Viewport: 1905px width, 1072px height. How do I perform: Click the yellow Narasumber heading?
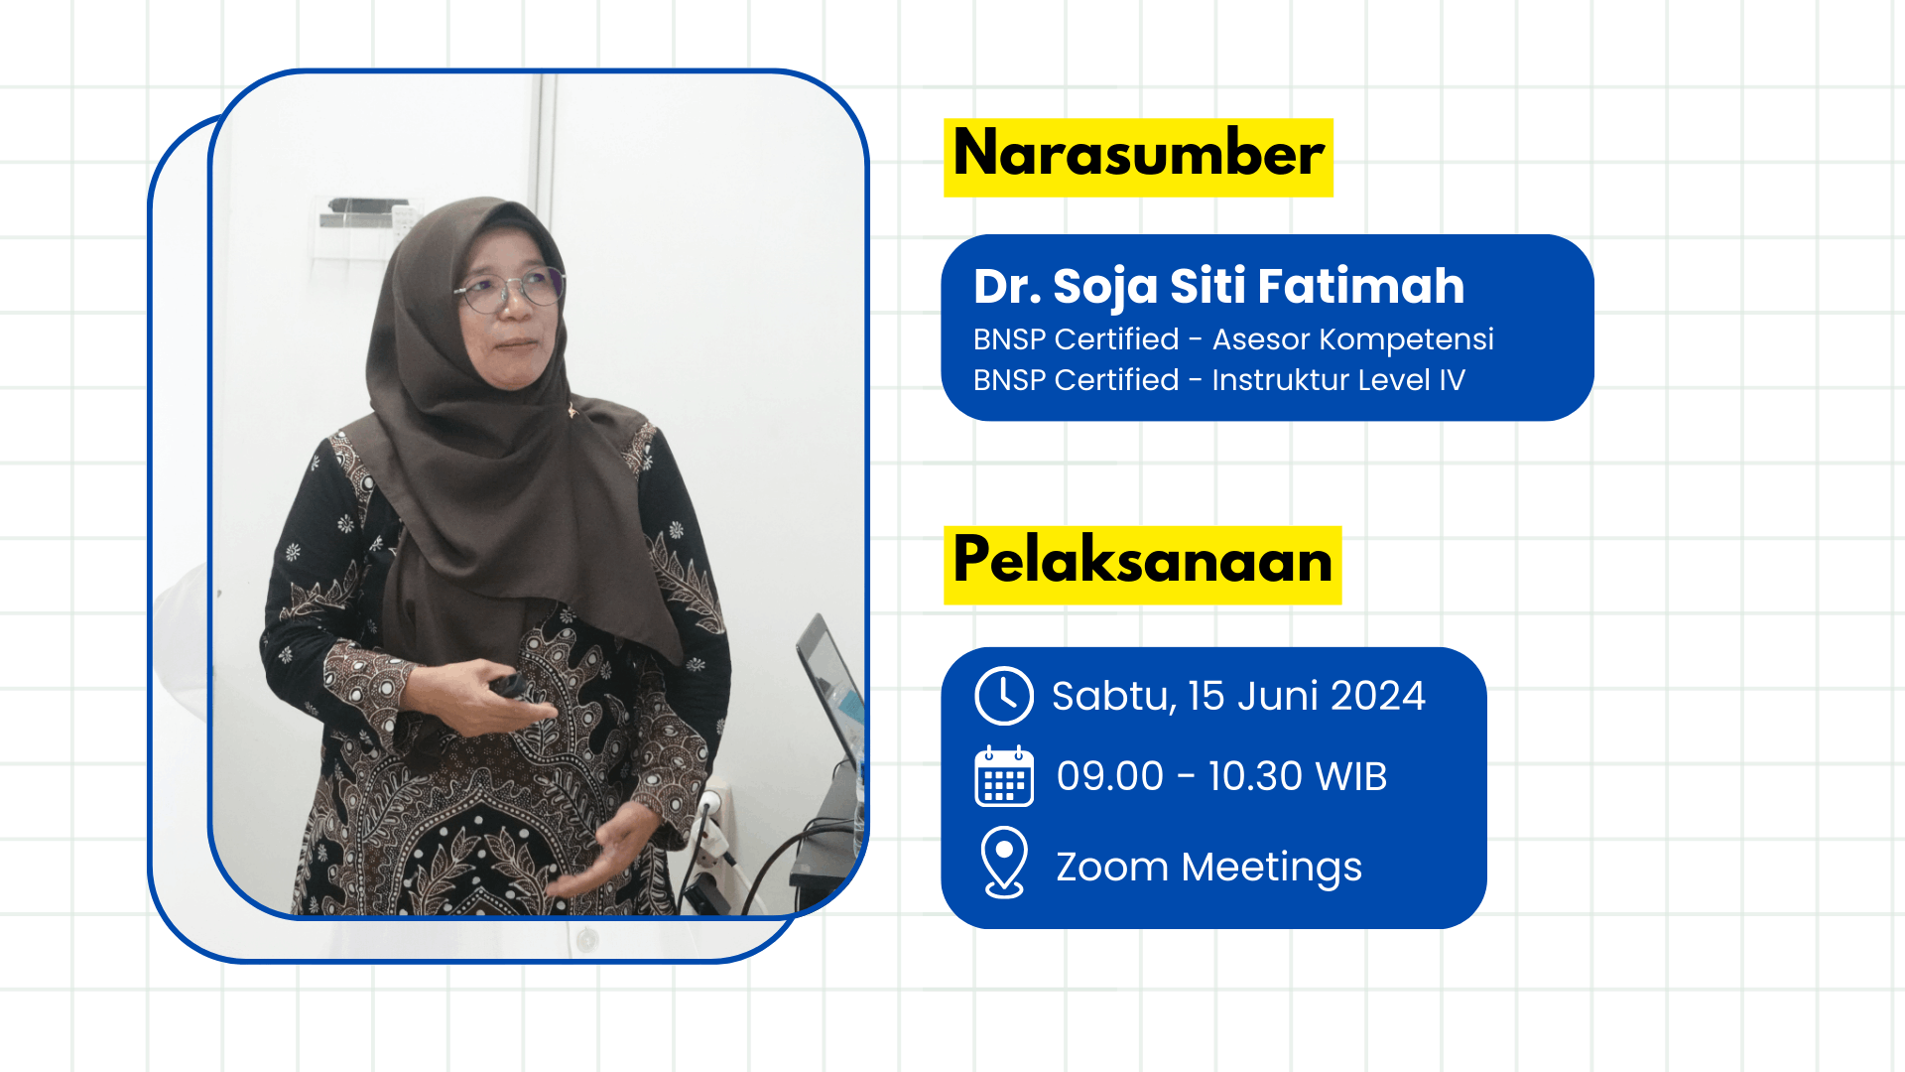click(x=1138, y=157)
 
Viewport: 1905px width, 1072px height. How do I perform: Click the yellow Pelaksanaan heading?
click(x=1142, y=564)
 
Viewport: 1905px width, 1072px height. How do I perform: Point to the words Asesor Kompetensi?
click(x=1352, y=339)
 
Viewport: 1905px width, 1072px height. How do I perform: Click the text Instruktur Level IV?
click(x=1337, y=380)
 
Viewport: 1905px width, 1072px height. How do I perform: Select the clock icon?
click(x=1004, y=696)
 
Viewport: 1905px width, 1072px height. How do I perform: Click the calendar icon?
click(x=1004, y=776)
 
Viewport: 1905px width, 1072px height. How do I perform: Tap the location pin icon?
click(x=1004, y=863)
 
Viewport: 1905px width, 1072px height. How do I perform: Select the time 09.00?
click(x=1109, y=776)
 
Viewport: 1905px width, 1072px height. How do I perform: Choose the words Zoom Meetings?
click(x=1208, y=868)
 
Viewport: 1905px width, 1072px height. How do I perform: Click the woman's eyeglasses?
click(x=509, y=290)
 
